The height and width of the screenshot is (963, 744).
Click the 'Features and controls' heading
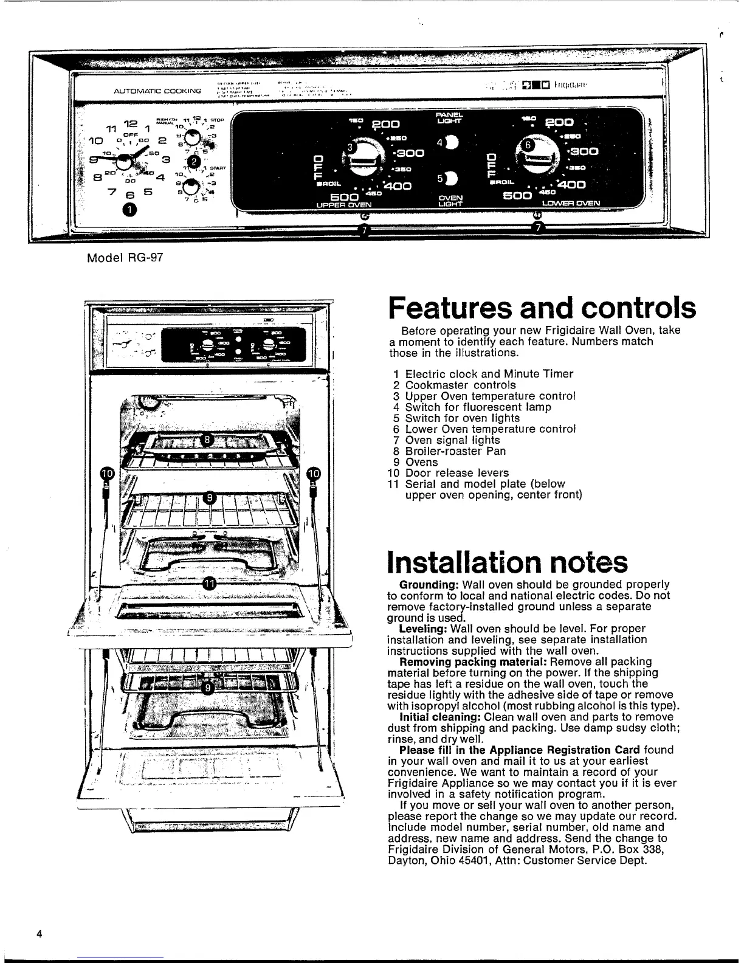tap(542, 308)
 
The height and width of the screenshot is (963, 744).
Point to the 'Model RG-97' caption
tap(122, 257)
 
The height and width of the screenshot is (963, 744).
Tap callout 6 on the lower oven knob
tap(529, 145)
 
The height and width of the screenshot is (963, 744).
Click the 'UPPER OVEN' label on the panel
tap(344, 205)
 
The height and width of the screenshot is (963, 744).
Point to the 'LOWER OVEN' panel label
tap(570, 203)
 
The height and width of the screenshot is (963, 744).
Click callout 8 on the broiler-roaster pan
tap(207, 440)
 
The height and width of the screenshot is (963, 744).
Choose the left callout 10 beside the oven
tap(107, 474)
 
